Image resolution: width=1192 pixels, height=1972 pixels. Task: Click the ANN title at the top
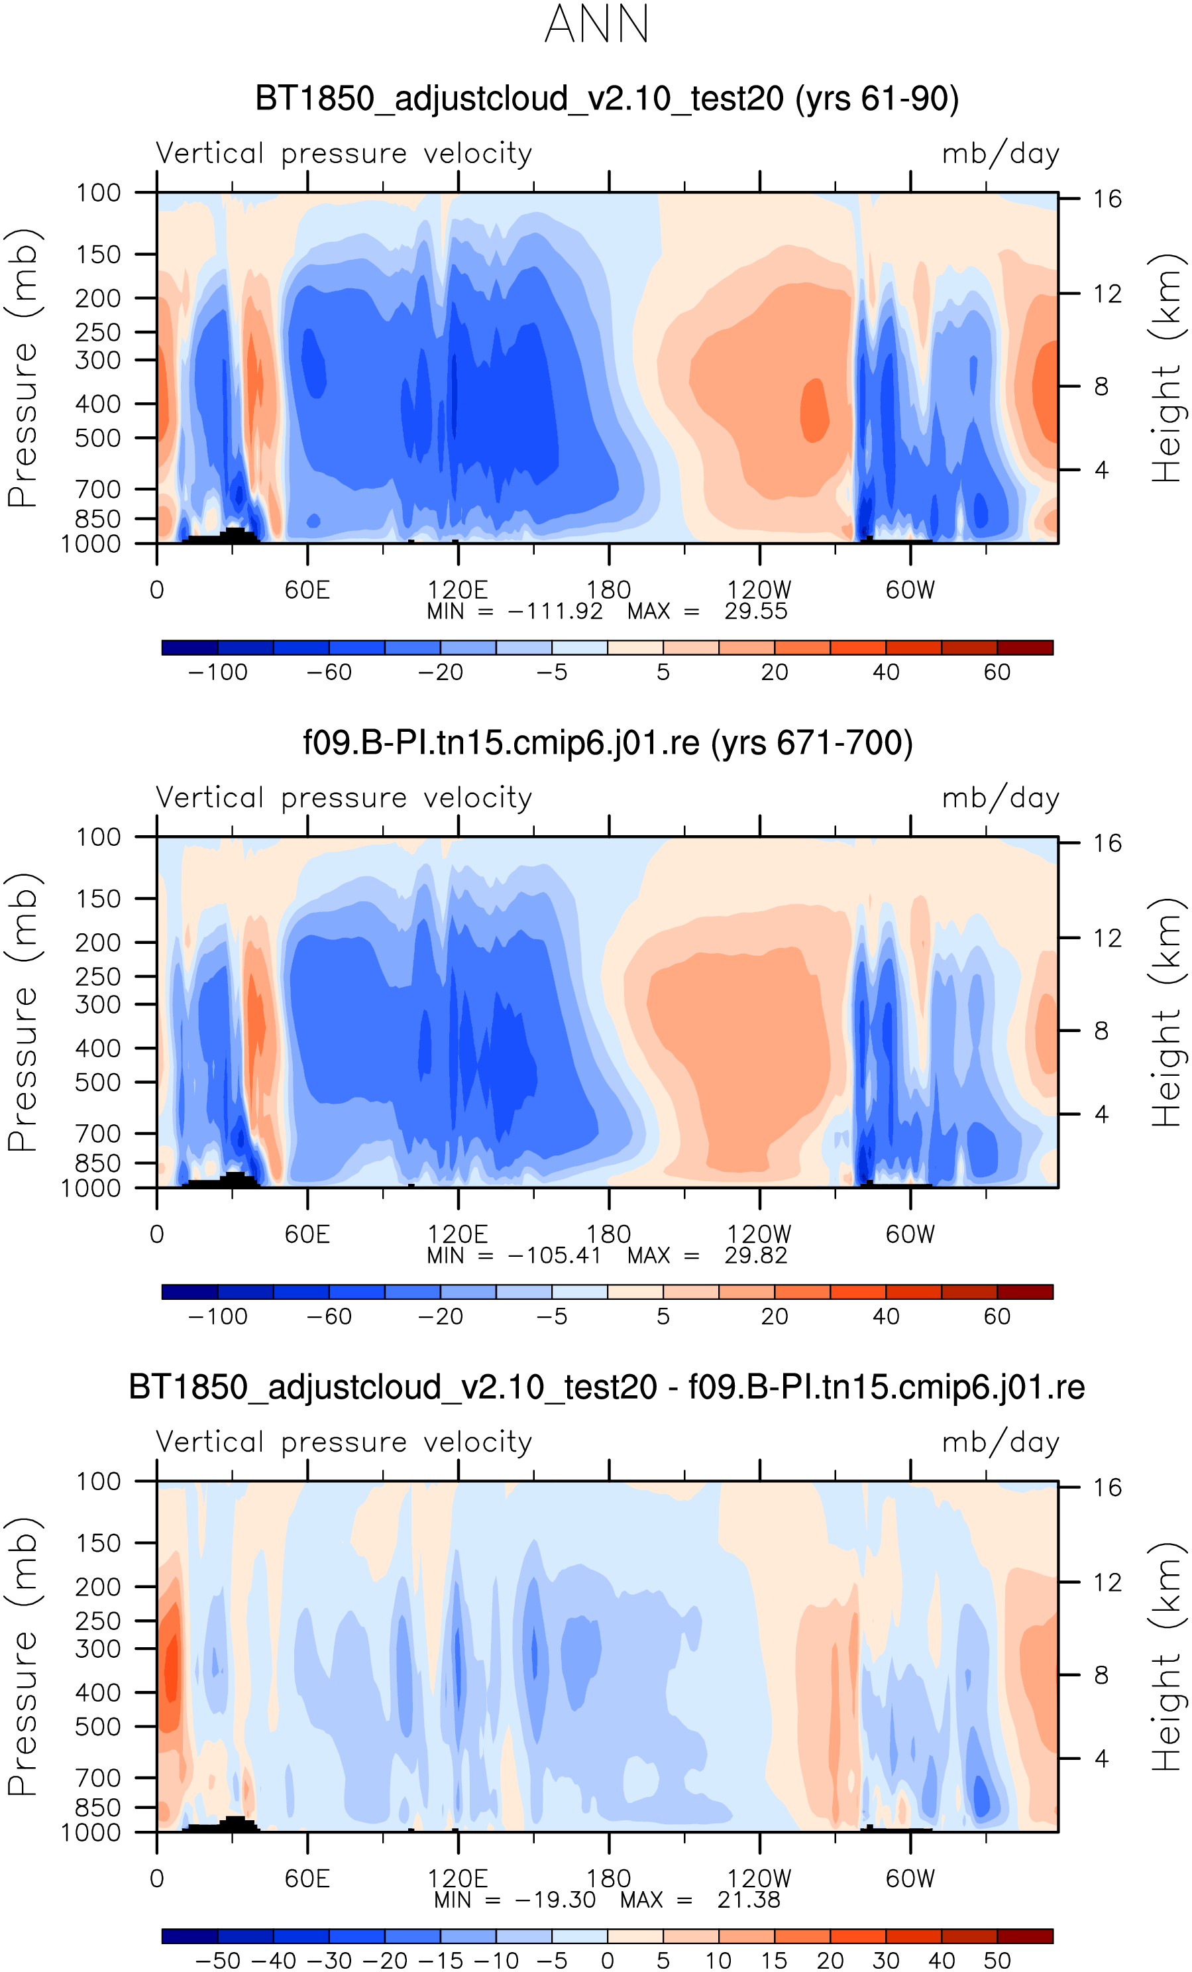(596, 24)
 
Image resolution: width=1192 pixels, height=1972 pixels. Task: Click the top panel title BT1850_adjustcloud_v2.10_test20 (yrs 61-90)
(606, 99)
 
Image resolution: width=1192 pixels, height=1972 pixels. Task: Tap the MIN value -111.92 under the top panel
(555, 611)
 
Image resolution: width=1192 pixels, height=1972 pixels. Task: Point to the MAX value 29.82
(756, 1255)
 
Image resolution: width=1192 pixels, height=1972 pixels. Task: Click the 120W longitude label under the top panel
(759, 590)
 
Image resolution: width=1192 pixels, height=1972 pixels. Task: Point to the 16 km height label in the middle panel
(1107, 842)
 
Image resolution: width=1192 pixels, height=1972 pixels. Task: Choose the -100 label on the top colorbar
(217, 672)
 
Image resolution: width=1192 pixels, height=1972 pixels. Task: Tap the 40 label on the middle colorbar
(886, 1316)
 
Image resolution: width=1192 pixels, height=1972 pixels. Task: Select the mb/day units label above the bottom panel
(1000, 1442)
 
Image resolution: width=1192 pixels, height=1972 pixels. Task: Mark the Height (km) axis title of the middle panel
(1166, 1012)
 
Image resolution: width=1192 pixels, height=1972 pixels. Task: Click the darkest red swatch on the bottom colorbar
(1025, 1936)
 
